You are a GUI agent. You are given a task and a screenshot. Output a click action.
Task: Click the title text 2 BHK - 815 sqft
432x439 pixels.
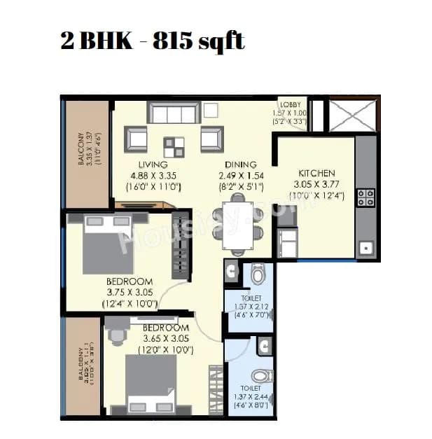tap(153, 40)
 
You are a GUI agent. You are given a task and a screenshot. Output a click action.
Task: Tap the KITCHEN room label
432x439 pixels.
tap(317, 173)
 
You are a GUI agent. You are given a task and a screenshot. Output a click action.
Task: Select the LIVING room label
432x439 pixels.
tap(153, 165)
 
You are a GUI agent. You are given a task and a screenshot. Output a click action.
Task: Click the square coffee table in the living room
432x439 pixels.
tap(174, 146)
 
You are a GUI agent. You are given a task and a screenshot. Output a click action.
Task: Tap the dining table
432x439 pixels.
tap(237, 225)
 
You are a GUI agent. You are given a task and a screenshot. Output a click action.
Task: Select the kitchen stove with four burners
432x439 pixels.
tap(366, 197)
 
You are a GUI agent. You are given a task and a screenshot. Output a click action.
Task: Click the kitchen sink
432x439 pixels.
tap(365, 246)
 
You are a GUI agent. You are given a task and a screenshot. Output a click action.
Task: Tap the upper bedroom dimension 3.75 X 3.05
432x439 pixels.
tap(130, 293)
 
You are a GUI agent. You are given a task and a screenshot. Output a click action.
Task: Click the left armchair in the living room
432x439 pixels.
tap(137, 139)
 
